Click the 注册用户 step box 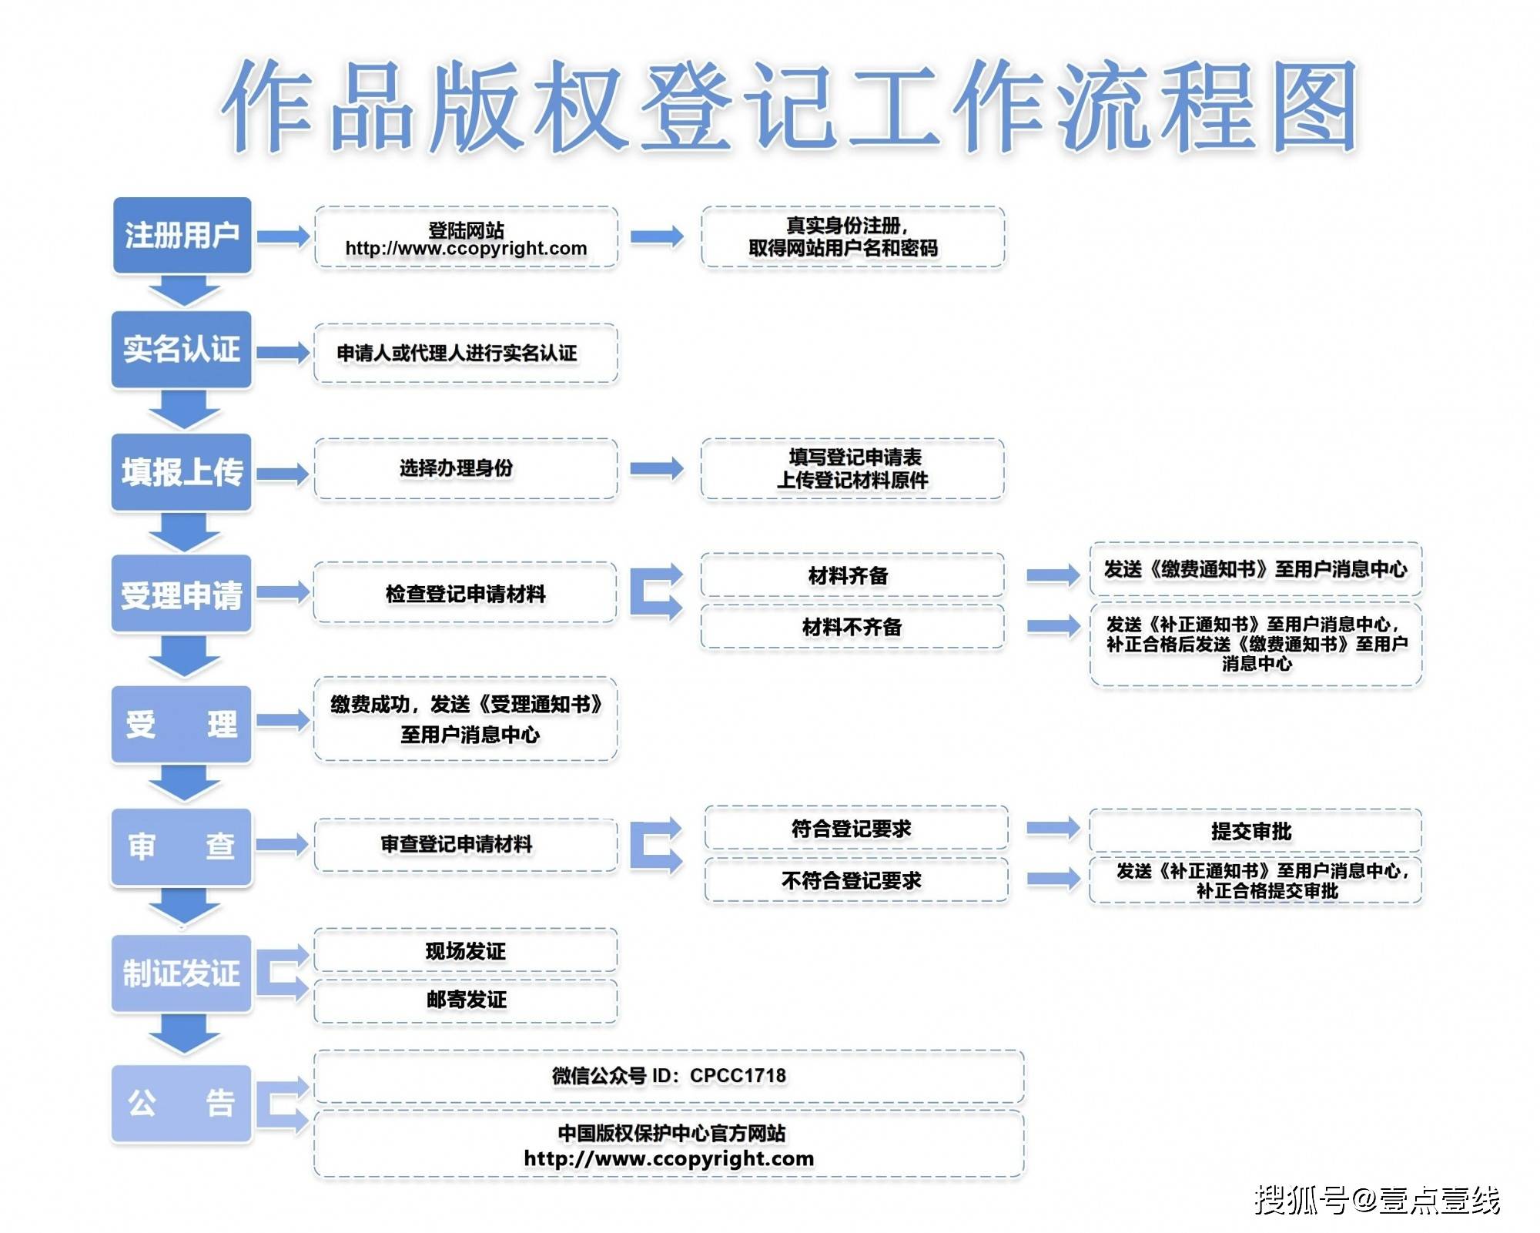coord(182,235)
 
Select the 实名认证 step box coord(182,350)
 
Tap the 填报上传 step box coord(182,472)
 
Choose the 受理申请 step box coord(182,595)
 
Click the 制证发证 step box coord(182,973)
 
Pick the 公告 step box coord(182,1103)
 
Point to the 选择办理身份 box coord(465,468)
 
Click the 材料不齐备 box coord(852,627)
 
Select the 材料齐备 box coord(852,575)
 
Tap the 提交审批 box coord(1254,831)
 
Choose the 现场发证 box coord(465,951)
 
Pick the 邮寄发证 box coord(465,1000)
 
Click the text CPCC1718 coord(738,1075)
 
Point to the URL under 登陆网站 coord(466,249)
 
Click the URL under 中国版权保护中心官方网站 coord(668,1158)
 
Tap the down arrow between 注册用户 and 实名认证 coord(184,291)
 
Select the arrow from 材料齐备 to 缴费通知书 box coord(1053,575)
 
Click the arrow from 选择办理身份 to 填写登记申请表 coord(656,468)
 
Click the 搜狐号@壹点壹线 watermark coord(1377,1200)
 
